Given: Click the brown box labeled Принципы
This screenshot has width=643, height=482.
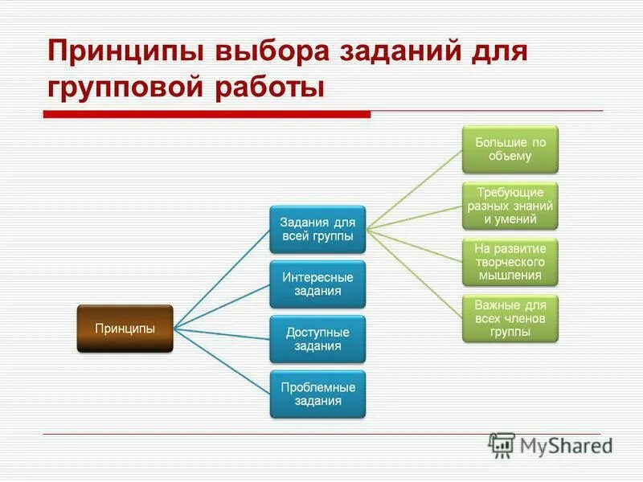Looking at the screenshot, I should coord(125,328).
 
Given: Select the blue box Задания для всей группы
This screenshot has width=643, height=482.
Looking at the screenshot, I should coord(317,229).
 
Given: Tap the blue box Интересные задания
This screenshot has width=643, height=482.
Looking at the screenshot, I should coord(317,284).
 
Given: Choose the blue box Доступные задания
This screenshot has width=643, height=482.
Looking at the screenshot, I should coord(317,338).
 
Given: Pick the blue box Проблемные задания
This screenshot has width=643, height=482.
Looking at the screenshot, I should coord(317,393).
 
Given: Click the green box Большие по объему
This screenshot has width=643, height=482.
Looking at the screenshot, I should coord(510,149).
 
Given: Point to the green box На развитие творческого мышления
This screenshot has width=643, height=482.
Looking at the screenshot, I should coord(510,261).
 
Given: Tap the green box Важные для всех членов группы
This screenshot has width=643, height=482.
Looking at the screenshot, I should coord(510,318).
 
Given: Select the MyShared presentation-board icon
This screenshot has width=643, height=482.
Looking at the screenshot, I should coord(502,445).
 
